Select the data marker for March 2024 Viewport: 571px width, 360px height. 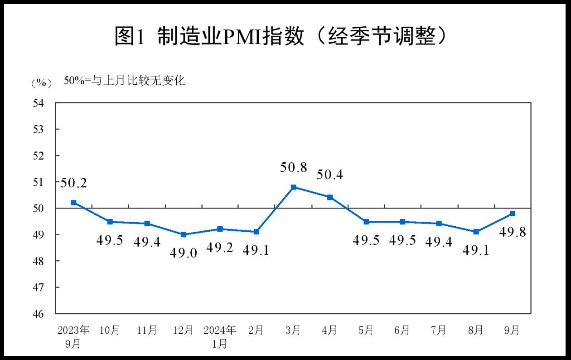(x=294, y=187)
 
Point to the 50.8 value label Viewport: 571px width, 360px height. (x=294, y=167)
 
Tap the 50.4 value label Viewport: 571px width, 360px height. (x=330, y=175)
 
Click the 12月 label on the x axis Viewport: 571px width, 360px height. (x=184, y=330)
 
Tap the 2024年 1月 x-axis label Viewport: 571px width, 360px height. (x=220, y=336)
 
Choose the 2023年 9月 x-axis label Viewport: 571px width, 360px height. (x=73, y=336)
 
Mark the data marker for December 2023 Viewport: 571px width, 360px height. (x=184, y=234)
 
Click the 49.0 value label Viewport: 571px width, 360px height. (x=184, y=253)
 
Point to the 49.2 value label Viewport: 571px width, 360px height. (x=220, y=248)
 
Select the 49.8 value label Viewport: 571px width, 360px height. (x=513, y=233)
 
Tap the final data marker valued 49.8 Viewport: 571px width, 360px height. (x=513, y=213)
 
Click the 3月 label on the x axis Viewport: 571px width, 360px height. (x=294, y=330)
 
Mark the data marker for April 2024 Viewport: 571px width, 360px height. (x=330, y=197)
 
